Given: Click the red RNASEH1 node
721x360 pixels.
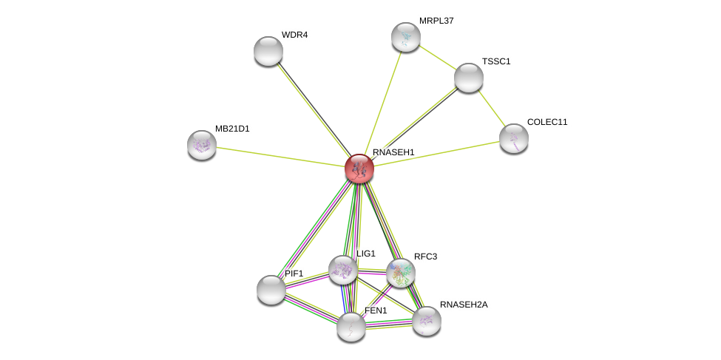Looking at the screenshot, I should pyautogui.click(x=359, y=169).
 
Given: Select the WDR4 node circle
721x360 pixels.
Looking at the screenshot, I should pyautogui.click(x=268, y=51).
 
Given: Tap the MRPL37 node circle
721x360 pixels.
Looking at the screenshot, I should pyautogui.click(x=405, y=37).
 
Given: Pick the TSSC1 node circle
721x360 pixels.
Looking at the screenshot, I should pyautogui.click(x=468, y=78).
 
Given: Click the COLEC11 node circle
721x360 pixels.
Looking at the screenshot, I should pyautogui.click(x=513, y=138).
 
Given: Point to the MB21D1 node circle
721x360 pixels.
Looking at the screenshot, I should pyautogui.click(x=202, y=145).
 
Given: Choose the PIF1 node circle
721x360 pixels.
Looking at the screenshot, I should pyautogui.click(x=271, y=289).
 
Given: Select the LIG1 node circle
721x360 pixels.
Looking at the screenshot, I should pyautogui.click(x=343, y=270).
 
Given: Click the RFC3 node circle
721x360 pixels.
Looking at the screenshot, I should pyautogui.click(x=401, y=273).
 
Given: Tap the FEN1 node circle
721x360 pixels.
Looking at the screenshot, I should pyautogui.click(x=351, y=327).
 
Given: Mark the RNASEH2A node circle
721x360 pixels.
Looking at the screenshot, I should pyautogui.click(x=427, y=321).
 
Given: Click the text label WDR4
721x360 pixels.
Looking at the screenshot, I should pyautogui.click(x=294, y=35).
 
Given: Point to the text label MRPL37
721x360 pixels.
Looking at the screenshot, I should pyautogui.click(x=436, y=21).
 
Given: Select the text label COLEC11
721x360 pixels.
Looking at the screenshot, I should pyautogui.click(x=547, y=122).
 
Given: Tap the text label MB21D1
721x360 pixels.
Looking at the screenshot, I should pyautogui.click(x=232, y=129).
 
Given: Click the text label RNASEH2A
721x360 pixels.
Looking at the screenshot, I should pyautogui.click(x=464, y=305).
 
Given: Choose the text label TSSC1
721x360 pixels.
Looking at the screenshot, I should pyautogui.click(x=496, y=61).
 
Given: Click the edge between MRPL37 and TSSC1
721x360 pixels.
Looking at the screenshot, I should pyautogui.click(x=437, y=58).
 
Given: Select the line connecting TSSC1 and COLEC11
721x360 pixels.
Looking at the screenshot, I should pyautogui.click(x=491, y=108).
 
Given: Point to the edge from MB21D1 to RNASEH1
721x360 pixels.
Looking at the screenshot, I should pyautogui.click(x=280, y=157).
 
